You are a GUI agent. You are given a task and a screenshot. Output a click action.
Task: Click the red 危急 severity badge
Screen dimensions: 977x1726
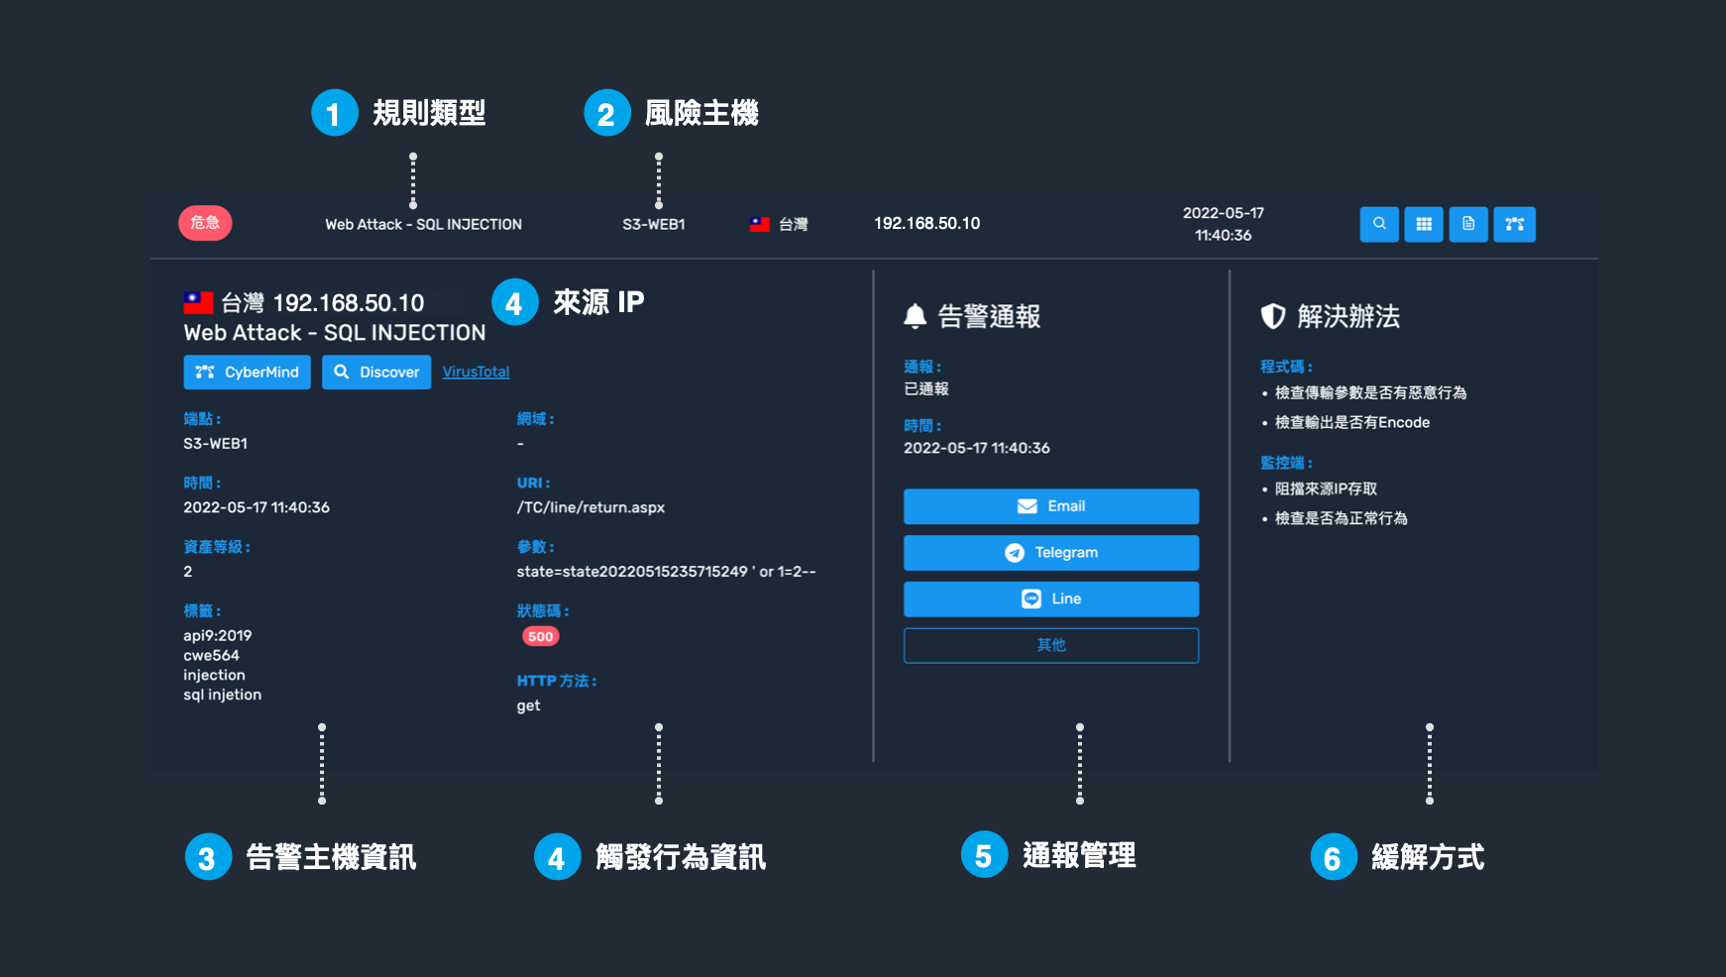205,223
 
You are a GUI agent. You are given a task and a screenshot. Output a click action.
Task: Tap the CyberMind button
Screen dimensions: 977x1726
247,372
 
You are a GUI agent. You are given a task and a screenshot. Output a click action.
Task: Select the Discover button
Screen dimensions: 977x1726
377,372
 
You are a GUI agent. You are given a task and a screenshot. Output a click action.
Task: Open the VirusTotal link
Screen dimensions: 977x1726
476,372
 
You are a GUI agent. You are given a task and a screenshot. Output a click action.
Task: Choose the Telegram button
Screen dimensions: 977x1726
1051,553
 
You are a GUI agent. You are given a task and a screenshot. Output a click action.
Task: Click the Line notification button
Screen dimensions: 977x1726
1051,599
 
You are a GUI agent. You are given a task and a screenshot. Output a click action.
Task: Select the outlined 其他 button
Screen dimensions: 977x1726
1051,645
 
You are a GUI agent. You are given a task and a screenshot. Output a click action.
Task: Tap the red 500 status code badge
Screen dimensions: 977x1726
541,636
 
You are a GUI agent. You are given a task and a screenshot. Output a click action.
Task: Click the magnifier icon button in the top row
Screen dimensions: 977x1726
1379,224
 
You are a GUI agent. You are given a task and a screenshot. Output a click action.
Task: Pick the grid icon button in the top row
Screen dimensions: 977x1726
1424,224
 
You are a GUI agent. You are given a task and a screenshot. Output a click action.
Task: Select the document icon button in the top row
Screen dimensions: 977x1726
1468,224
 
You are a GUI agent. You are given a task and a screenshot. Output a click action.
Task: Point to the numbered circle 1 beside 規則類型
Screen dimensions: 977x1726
334,113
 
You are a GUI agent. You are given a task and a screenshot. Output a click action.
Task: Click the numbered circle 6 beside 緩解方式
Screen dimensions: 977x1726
1333,857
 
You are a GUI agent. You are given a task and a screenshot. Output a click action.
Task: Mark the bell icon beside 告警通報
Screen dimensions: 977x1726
916,316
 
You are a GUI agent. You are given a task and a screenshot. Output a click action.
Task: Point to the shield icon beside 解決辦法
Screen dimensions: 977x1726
1273,316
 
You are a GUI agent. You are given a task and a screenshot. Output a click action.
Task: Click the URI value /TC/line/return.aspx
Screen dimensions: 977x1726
591,507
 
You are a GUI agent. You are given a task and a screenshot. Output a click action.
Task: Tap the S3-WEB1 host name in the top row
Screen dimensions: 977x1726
654,225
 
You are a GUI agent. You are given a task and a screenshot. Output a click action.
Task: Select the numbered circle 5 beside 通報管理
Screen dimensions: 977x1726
984,855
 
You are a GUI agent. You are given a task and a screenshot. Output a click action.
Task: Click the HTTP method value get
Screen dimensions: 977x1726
528,706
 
